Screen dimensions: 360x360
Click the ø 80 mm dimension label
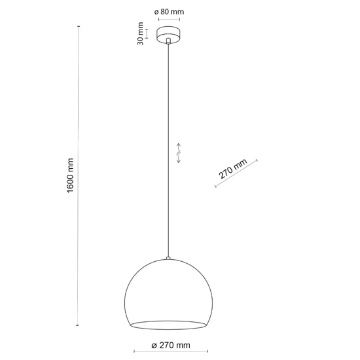click(x=169, y=12)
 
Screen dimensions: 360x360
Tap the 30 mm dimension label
click(x=140, y=33)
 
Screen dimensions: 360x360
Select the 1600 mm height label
click(x=71, y=175)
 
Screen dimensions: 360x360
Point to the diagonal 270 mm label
click(x=232, y=168)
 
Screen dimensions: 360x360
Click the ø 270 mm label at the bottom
click(x=171, y=345)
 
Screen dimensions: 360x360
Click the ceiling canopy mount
click(x=169, y=35)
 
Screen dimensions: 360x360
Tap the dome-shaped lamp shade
click(x=168, y=295)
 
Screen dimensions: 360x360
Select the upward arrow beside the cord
click(x=179, y=147)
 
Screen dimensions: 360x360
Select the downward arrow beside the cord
click(x=179, y=159)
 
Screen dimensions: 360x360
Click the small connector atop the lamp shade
click(x=168, y=258)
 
